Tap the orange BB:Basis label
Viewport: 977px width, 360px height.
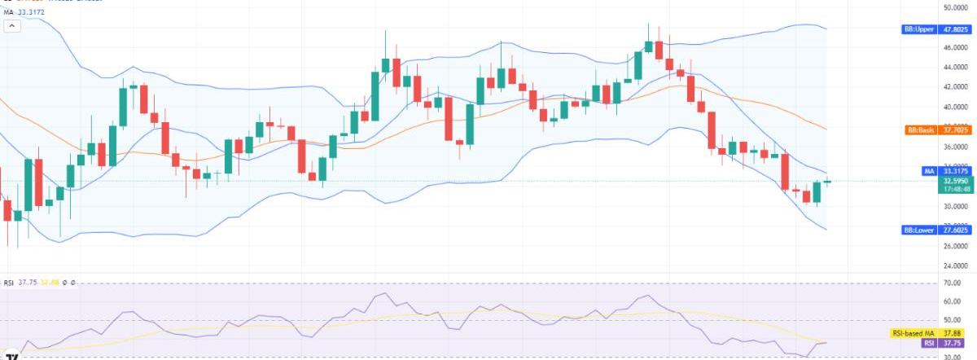918,130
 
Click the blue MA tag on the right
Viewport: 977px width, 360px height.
927,171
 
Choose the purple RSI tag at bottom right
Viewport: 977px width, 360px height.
927,344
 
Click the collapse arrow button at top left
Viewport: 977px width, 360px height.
12,26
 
